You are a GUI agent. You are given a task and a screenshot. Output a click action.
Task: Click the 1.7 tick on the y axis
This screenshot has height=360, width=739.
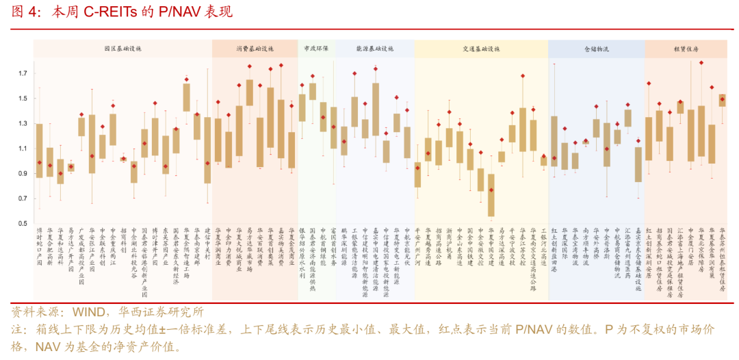pyautogui.click(x=23, y=74)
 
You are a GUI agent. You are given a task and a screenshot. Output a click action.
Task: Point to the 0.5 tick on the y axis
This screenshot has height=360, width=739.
pyautogui.click(x=23, y=224)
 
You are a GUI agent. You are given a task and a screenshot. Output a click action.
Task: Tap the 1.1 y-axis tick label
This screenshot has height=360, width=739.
pyautogui.click(x=23, y=149)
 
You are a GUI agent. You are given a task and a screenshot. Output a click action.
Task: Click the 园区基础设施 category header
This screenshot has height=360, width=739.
pyautogui.click(x=122, y=49)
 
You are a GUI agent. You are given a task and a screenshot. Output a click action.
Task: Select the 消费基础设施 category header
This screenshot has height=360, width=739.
pyautogui.click(x=254, y=49)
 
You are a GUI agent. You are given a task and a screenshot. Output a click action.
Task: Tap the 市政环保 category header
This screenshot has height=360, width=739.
pyautogui.click(x=315, y=49)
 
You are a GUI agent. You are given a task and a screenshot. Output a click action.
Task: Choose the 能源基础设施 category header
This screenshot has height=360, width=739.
pyautogui.click(x=374, y=49)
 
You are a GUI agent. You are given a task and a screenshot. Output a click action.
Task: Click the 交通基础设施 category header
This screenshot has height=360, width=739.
pyautogui.click(x=481, y=49)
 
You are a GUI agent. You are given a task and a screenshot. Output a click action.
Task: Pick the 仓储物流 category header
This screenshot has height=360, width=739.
pyautogui.click(x=596, y=49)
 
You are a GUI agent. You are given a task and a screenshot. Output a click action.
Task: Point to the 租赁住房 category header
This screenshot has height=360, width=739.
pyautogui.click(x=686, y=49)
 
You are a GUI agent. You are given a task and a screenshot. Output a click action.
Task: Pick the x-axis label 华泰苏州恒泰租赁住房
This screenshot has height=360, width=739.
pyautogui.click(x=722, y=259)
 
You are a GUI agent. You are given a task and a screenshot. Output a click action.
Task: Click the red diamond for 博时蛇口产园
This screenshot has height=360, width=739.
pyautogui.click(x=39, y=162)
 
